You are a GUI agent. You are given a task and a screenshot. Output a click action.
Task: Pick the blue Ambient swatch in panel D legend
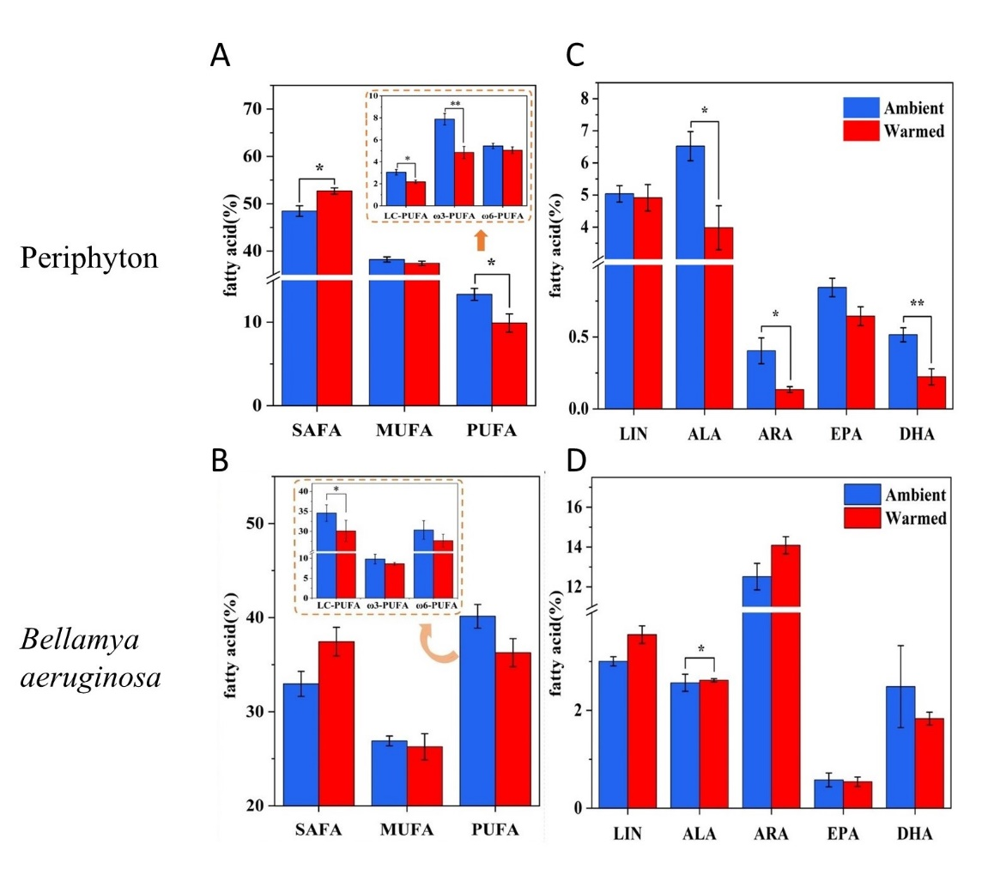coord(868,495)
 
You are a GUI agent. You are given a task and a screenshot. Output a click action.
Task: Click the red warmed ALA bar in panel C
coord(718,318)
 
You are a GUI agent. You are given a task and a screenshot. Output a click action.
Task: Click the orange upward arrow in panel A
coord(481,240)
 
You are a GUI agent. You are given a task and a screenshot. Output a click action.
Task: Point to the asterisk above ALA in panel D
coord(701,649)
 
